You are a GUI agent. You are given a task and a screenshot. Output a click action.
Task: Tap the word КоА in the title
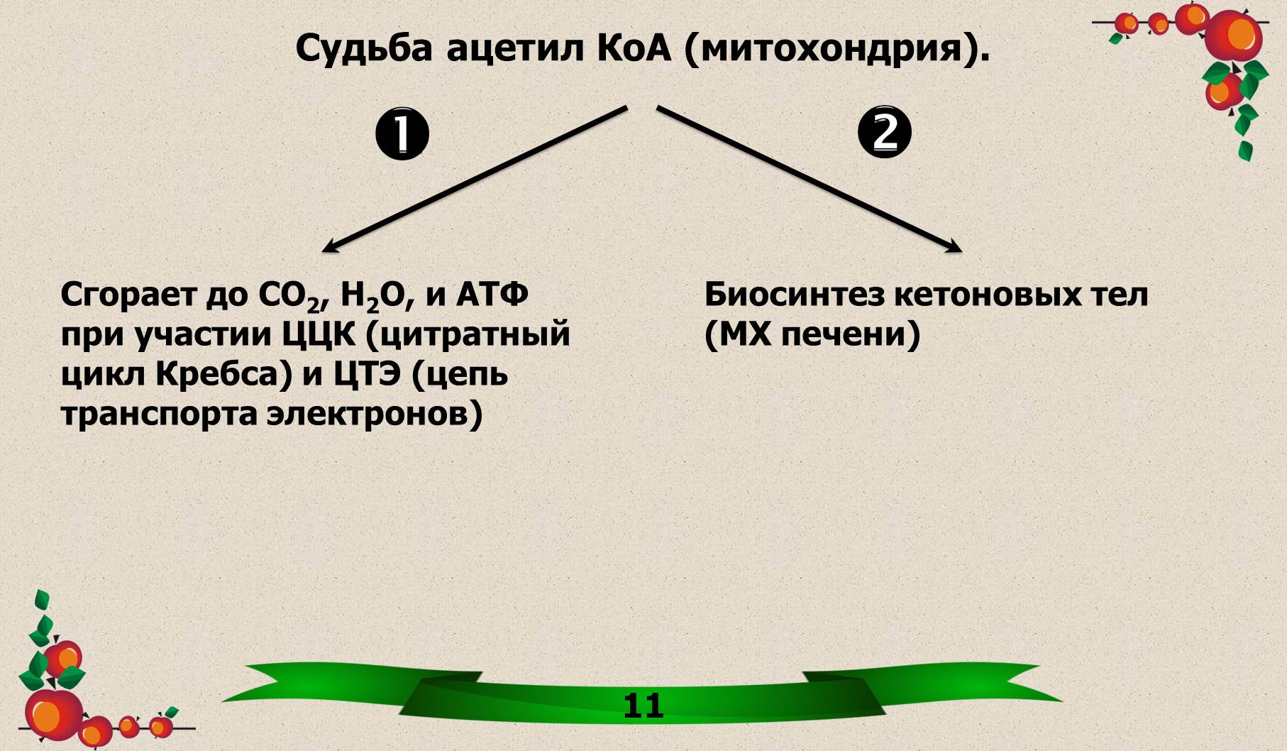click(635, 48)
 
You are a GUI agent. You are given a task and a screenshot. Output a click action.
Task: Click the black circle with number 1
click(402, 133)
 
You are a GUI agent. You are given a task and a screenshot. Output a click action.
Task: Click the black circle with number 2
click(885, 133)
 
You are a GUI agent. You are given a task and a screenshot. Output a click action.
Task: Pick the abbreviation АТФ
click(492, 294)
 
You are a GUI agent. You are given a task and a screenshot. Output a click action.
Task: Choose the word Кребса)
click(224, 375)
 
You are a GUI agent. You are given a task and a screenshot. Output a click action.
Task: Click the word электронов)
click(375, 415)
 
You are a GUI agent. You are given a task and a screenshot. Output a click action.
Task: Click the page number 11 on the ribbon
click(643, 706)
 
